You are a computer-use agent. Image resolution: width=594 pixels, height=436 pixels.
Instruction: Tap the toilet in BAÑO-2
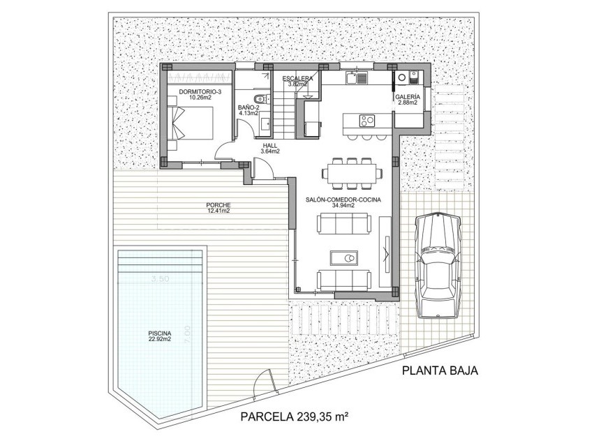point(259,98)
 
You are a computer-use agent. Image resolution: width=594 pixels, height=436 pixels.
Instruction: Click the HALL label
point(270,146)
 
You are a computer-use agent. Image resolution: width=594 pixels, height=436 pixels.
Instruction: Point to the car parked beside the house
point(438,264)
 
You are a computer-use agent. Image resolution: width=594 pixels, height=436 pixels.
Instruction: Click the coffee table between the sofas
point(344,260)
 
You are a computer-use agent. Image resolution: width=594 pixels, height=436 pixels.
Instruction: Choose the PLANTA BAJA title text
point(440,371)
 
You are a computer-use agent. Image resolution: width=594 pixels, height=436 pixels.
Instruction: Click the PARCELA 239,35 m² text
point(294,417)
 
